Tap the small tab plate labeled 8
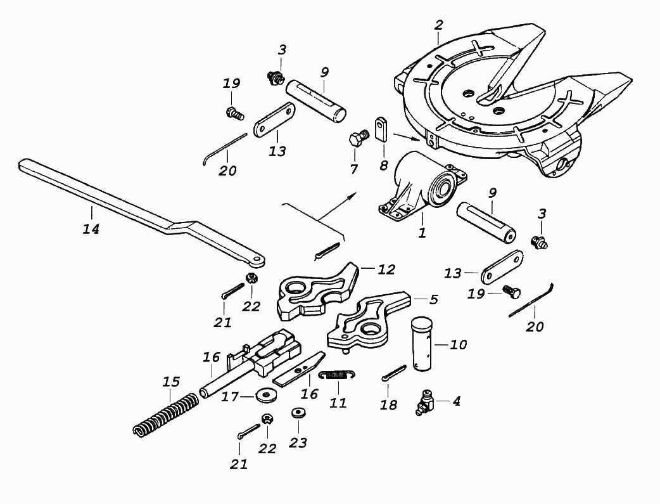(382, 129)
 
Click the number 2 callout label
(438, 25)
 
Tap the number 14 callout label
(91, 229)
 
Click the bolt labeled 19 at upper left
(235, 113)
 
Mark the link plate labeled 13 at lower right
(501, 268)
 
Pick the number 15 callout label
(171, 382)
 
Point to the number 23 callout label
(298, 443)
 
